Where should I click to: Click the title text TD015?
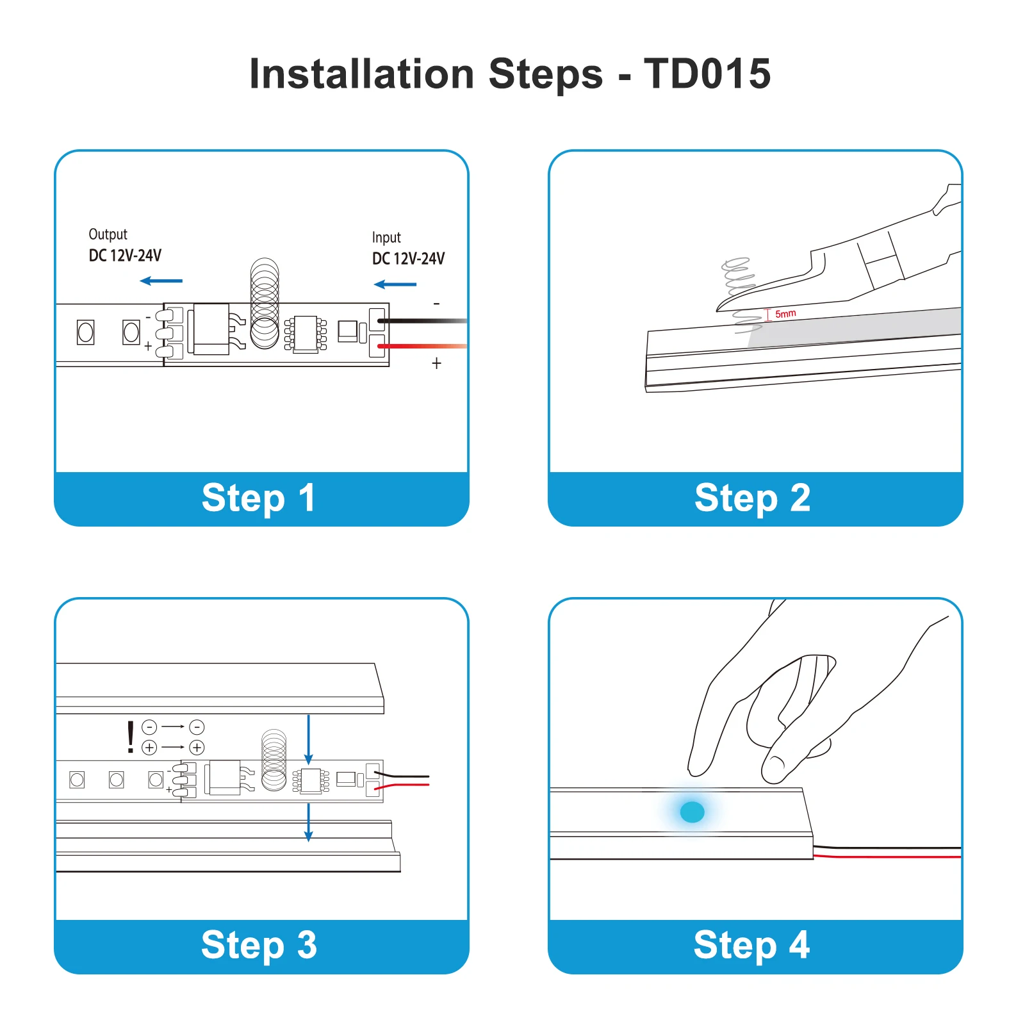tap(707, 74)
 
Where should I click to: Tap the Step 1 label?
tap(258, 498)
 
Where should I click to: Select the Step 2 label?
tap(752, 498)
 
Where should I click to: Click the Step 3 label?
tap(259, 945)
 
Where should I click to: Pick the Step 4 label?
tap(751, 945)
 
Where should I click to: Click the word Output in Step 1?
tap(108, 234)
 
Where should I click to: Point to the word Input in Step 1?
tap(386, 238)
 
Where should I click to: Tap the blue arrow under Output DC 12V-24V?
tap(161, 281)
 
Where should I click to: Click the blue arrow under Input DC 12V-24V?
tap(395, 284)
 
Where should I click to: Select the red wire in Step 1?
tap(423, 346)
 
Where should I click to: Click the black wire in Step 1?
tap(423, 320)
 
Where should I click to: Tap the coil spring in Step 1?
tap(265, 302)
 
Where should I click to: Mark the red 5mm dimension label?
tap(785, 314)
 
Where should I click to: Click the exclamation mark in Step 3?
tap(131, 737)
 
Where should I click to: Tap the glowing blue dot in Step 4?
tap(692, 812)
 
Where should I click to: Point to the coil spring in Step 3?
tap(274, 760)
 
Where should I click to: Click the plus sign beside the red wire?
tap(436, 363)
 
